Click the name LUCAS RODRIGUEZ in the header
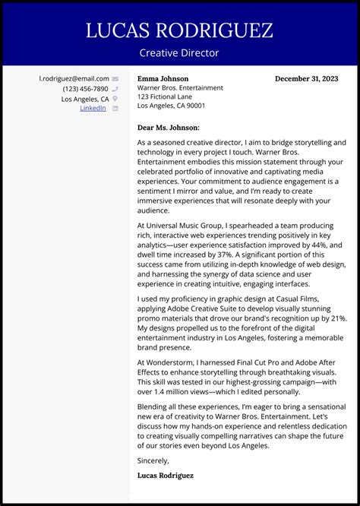tap(179, 31)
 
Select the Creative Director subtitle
tap(179, 53)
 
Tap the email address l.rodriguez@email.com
tap(74, 79)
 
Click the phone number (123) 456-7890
tap(85, 89)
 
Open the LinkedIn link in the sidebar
tap(93, 109)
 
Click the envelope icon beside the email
tap(115, 79)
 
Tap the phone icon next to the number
tap(115, 89)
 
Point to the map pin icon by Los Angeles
tap(115, 99)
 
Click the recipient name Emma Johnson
tap(163, 79)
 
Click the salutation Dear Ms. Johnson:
tap(168, 128)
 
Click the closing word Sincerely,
tap(153, 460)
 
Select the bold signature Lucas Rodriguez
tap(166, 476)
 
